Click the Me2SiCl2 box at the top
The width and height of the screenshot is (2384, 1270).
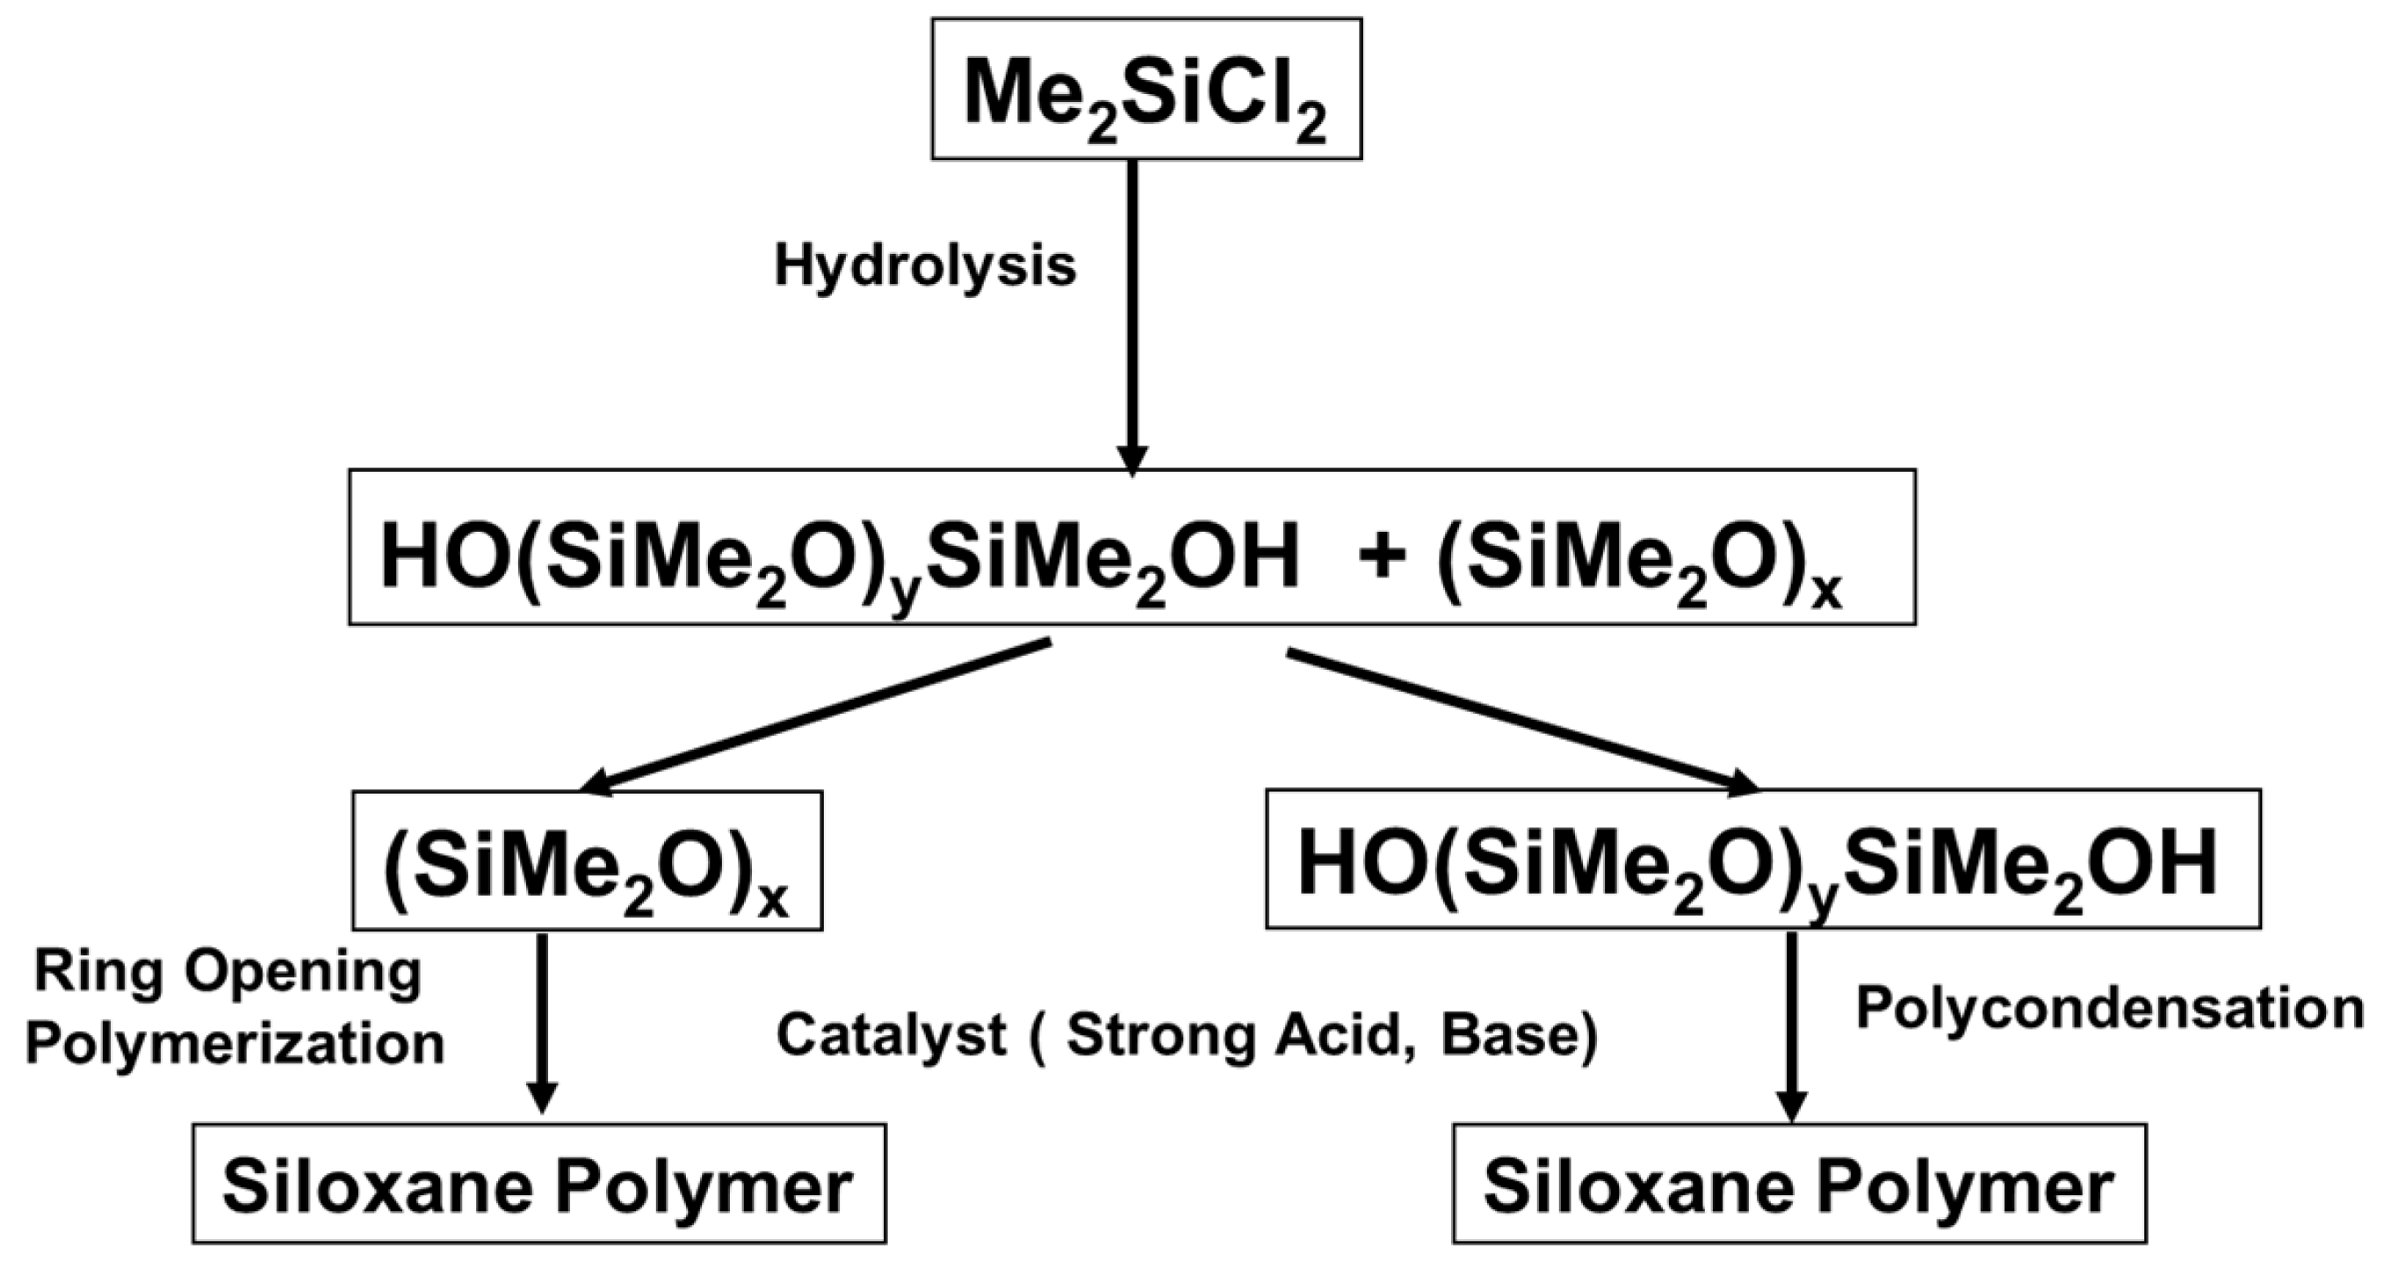(x=1145, y=90)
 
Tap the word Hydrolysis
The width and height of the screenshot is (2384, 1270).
(x=925, y=266)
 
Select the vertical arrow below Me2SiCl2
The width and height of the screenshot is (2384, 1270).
(x=1132, y=315)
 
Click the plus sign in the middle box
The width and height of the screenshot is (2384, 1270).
(x=1383, y=558)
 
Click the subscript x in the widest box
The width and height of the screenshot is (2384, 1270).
(x=1826, y=592)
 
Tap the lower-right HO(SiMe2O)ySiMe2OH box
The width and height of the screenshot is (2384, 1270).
(x=1762, y=860)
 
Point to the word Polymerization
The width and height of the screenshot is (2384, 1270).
(x=235, y=1044)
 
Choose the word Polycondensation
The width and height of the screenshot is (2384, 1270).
(x=2110, y=1009)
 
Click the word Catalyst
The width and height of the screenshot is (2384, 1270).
(x=891, y=1034)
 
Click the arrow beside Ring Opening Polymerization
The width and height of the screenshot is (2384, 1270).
(x=541, y=1022)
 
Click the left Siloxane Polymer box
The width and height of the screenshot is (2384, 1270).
(x=538, y=1184)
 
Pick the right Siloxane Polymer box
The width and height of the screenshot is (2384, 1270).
(x=1798, y=1184)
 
